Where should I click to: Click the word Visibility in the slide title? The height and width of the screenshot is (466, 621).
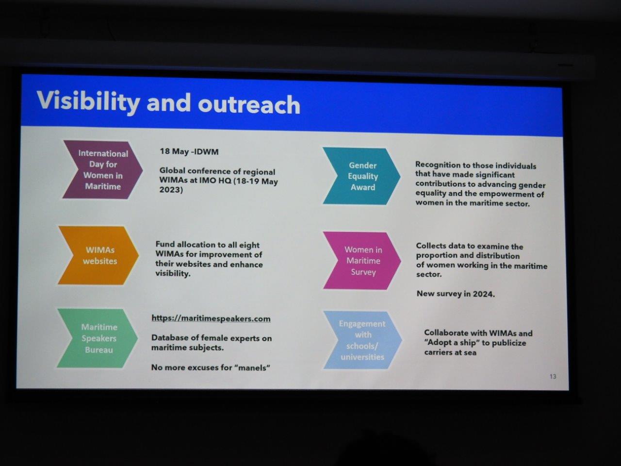point(88,102)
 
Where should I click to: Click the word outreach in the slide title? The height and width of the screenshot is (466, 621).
point(249,104)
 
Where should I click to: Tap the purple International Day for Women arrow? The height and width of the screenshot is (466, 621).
point(103,170)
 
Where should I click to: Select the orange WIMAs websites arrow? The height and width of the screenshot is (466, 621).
point(98,255)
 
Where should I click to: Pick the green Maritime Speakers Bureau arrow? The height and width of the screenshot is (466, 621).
point(98,338)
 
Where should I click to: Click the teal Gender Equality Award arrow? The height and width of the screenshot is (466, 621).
point(361,176)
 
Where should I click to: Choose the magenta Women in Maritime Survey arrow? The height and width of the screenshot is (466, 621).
point(362,261)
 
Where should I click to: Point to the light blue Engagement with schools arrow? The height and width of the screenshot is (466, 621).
point(363,340)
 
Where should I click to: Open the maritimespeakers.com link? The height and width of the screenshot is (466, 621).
point(211,318)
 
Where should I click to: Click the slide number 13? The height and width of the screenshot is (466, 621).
point(553,377)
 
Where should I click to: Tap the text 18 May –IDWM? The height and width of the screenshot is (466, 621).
point(189,151)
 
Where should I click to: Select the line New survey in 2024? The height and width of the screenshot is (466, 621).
point(456,294)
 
